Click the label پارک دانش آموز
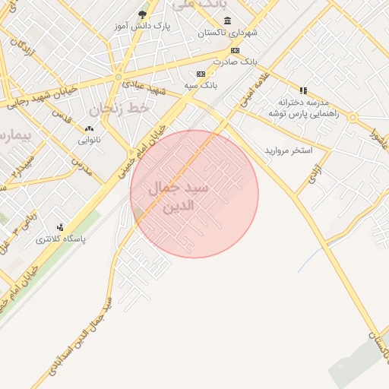pos(142,26)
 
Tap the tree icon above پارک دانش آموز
pos(143,14)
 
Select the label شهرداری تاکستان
pos(229,33)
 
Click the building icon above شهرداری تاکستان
pos(228,21)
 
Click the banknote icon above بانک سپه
pos(201,74)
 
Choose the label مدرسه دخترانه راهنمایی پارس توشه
pos(303,107)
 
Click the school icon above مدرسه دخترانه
pos(303,90)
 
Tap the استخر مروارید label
pos(288,150)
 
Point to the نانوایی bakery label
pos(90,141)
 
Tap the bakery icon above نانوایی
pos(90,129)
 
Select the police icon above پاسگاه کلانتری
pos(61,227)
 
